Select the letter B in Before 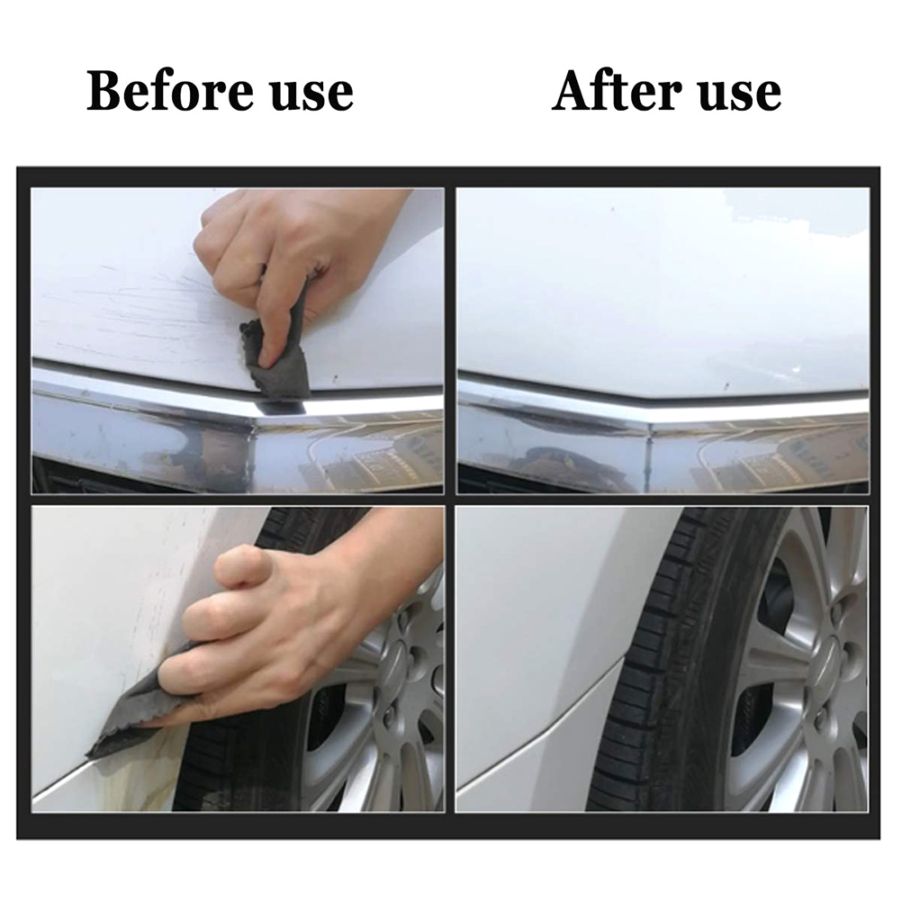[x=104, y=92]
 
